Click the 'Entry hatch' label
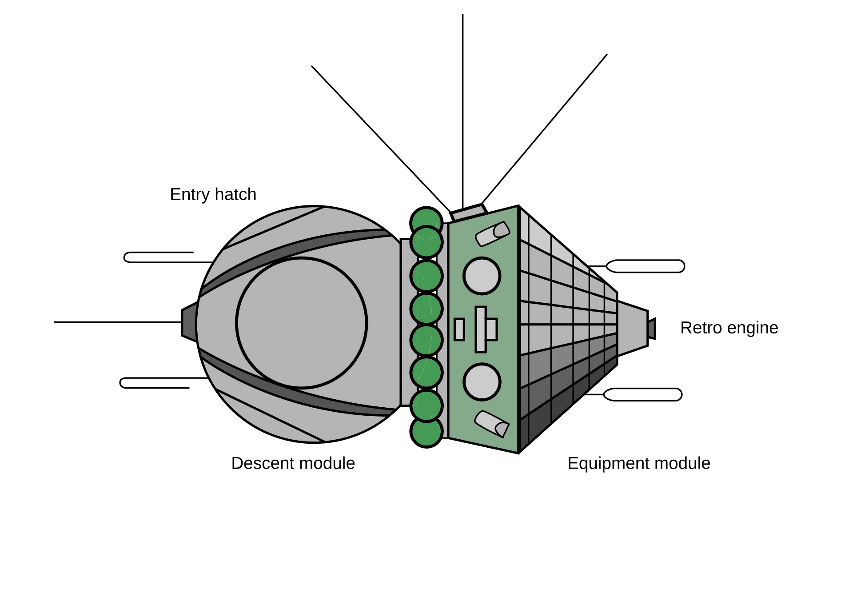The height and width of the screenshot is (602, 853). [x=213, y=195]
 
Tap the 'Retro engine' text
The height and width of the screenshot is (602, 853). [x=729, y=328]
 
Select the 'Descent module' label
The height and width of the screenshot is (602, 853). [x=293, y=463]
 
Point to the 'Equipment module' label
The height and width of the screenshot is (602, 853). [x=638, y=463]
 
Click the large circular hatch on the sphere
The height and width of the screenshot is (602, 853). [x=301, y=323]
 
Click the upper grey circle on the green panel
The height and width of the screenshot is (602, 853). [x=482, y=276]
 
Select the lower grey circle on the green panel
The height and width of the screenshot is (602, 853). [x=482, y=382]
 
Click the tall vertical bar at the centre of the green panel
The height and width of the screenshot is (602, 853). [x=480, y=329]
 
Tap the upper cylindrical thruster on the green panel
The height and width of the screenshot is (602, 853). [x=492, y=234]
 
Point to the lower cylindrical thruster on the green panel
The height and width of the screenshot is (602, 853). [x=492, y=424]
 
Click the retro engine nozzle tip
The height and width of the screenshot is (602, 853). [x=652, y=329]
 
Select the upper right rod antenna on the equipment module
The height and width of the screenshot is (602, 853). [x=646, y=266]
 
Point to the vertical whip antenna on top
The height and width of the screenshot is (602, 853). [x=462, y=111]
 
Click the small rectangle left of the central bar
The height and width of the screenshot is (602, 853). [x=459, y=329]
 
